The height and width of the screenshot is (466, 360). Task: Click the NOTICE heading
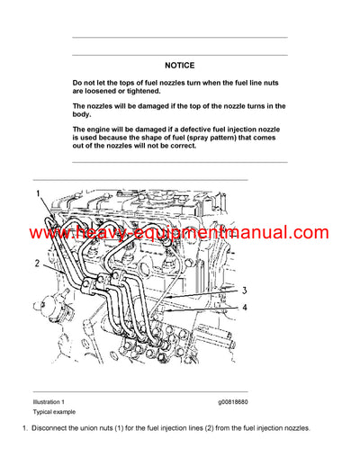point(179,66)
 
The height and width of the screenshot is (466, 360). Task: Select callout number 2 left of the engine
point(36,264)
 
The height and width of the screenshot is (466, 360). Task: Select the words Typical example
point(53,410)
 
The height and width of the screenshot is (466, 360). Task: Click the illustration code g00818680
point(234,401)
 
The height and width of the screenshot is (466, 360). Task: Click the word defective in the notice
point(205,129)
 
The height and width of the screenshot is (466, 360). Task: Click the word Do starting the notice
point(78,83)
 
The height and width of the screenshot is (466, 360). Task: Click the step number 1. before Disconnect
point(25,427)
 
